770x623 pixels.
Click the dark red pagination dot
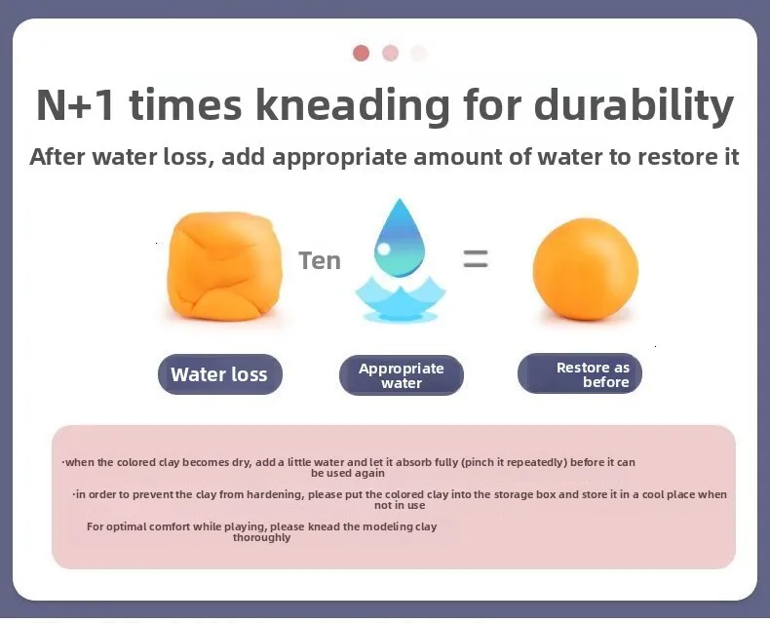(x=361, y=53)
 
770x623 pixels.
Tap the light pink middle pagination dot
(x=391, y=53)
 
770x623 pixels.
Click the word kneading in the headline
(x=353, y=105)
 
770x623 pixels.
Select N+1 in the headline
(x=76, y=104)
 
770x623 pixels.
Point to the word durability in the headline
(x=634, y=105)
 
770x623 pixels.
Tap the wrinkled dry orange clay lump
(x=224, y=267)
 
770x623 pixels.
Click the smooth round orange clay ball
(x=586, y=269)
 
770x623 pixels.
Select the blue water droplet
(x=400, y=238)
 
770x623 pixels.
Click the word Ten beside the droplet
(x=320, y=260)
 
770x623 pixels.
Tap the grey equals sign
(x=476, y=259)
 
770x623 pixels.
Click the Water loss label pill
(x=220, y=374)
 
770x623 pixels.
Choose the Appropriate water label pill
(x=402, y=375)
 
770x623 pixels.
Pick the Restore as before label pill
(x=580, y=374)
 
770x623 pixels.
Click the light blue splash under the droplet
(x=401, y=299)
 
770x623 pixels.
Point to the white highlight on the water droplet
(x=384, y=249)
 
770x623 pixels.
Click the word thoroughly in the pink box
(x=262, y=537)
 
